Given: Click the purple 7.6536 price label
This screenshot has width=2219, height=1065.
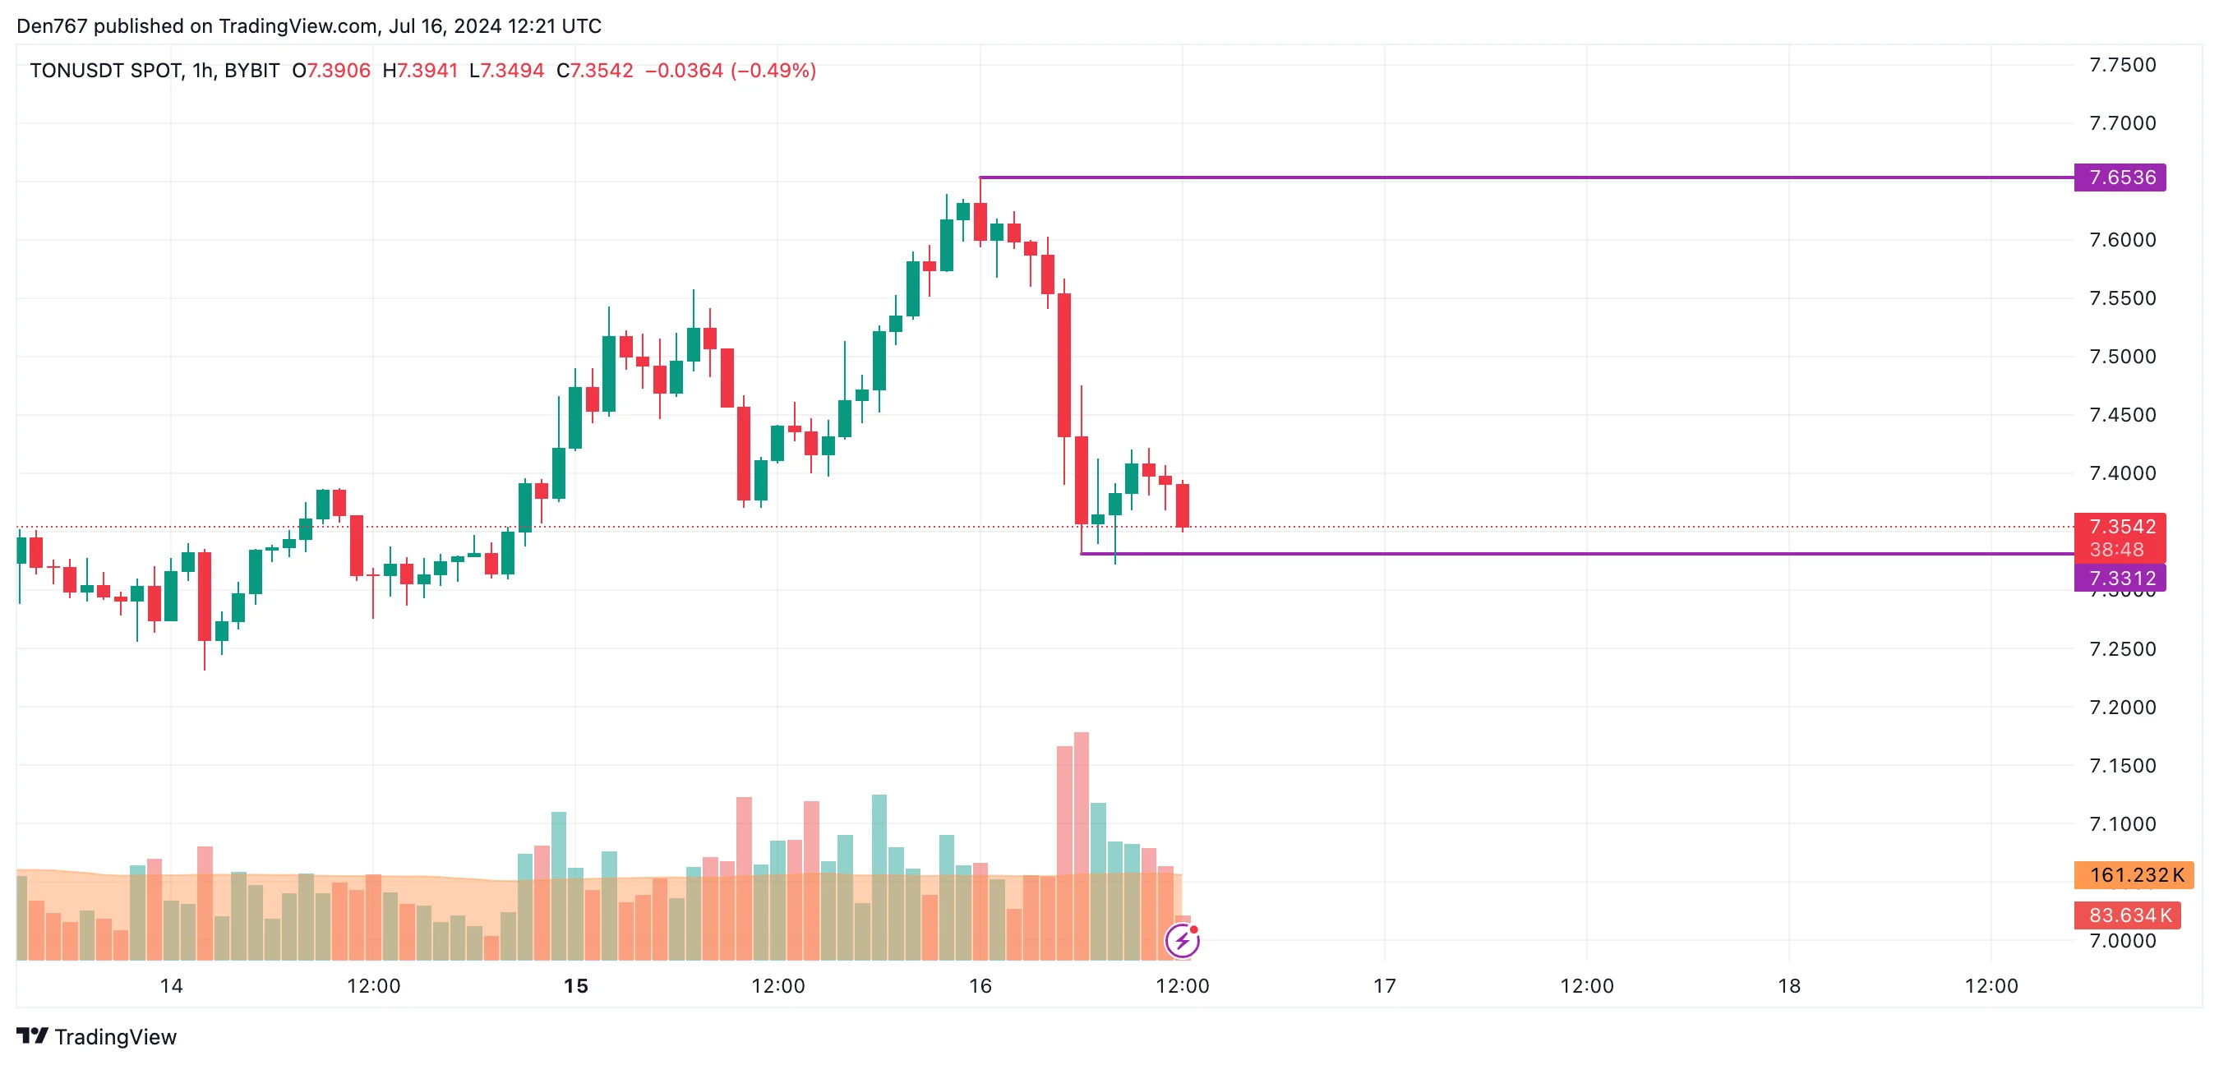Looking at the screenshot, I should [2119, 177].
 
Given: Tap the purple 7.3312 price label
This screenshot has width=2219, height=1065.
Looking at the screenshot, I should [2119, 579].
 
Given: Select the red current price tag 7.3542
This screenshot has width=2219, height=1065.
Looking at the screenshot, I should [2119, 528].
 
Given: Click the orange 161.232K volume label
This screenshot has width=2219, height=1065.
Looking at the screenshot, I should [2134, 875].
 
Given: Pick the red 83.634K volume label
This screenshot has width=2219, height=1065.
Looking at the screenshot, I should [2127, 915].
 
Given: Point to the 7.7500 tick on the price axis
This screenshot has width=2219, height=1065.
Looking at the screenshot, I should [2123, 66].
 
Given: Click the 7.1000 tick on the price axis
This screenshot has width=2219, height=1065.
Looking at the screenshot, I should [2123, 824].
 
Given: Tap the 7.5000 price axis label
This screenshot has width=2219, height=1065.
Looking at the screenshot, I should [2123, 357].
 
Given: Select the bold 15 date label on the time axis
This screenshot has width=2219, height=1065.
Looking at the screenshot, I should [575, 987].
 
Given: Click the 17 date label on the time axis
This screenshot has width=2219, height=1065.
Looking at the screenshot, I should [1384, 987].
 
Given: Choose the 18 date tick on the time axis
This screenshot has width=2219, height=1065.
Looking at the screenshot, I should [1789, 987].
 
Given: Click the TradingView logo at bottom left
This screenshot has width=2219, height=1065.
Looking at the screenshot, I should [96, 1036].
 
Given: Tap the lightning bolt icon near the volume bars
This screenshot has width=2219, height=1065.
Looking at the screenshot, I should [1182, 941].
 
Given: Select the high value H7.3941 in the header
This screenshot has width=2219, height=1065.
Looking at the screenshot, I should [420, 71].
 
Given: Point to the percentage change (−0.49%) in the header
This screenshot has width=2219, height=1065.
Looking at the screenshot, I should [773, 71].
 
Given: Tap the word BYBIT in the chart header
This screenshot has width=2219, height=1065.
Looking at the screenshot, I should [251, 71].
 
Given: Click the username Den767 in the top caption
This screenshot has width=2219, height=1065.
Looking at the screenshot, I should [53, 25].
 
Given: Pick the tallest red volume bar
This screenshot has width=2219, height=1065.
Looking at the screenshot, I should [1081, 845].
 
